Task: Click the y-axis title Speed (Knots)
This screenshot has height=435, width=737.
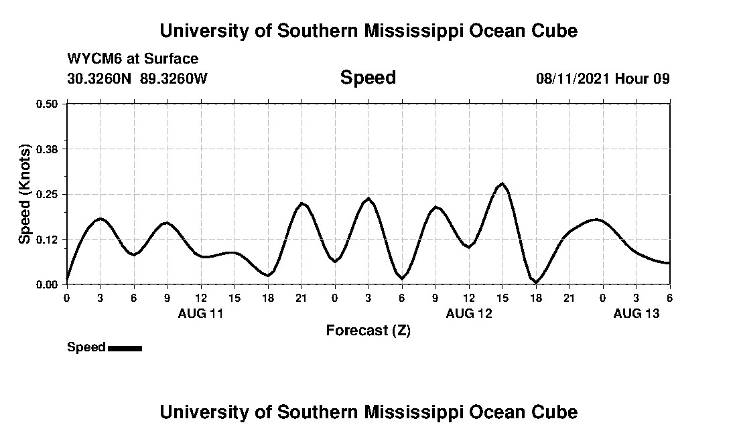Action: (x=25, y=194)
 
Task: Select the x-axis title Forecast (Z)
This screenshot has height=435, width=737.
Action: (x=368, y=331)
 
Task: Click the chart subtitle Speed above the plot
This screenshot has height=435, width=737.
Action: (x=368, y=78)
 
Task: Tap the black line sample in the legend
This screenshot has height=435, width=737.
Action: (x=125, y=348)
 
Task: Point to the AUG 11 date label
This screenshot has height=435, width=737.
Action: (x=200, y=313)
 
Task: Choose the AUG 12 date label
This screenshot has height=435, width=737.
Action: (x=469, y=313)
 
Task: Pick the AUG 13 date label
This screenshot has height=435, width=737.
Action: (x=636, y=313)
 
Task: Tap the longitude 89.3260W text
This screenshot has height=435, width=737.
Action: (x=174, y=78)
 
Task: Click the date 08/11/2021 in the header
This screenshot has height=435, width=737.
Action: (x=573, y=78)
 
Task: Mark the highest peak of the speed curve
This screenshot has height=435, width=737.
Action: (x=502, y=183)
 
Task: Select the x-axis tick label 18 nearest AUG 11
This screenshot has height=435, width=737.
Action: (x=268, y=298)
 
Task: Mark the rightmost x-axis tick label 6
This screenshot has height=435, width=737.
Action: (x=669, y=298)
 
